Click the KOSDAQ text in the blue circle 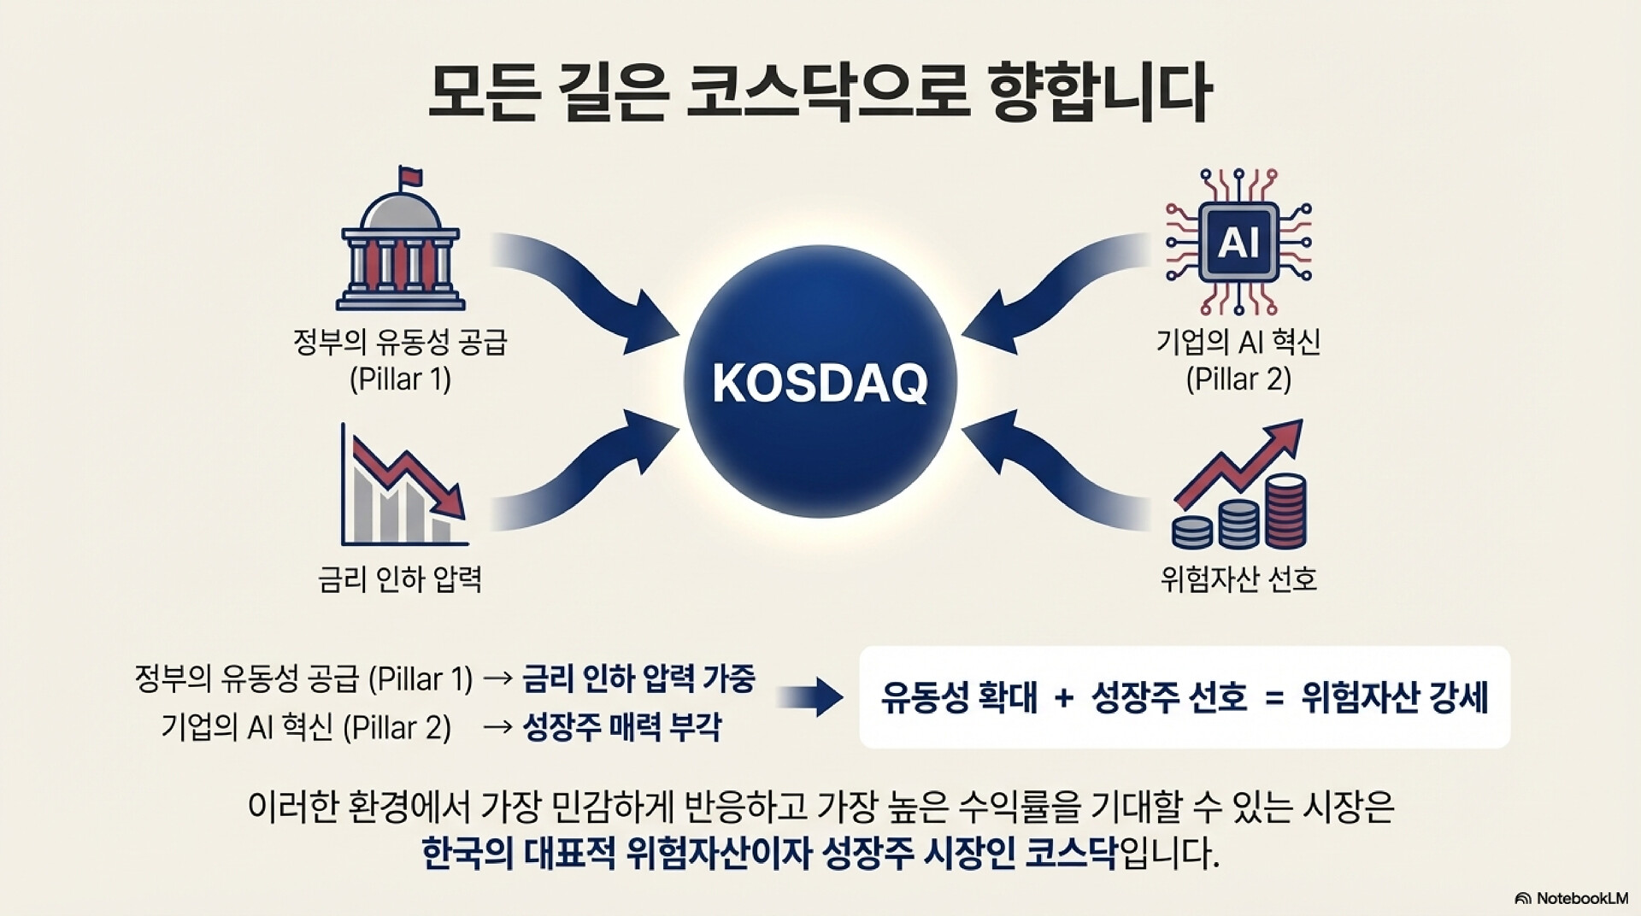(x=820, y=383)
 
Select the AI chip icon (x=1238, y=242)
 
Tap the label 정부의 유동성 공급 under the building (x=400, y=343)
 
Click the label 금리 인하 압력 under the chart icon (x=400, y=579)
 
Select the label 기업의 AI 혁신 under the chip (x=1238, y=343)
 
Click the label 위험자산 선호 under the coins (x=1238, y=579)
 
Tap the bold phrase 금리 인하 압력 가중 (x=638, y=679)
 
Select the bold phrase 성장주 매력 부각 (x=621, y=728)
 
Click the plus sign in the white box (x=1064, y=698)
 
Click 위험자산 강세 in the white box (x=1395, y=697)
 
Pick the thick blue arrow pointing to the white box (x=809, y=697)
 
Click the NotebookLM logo (x=1571, y=898)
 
